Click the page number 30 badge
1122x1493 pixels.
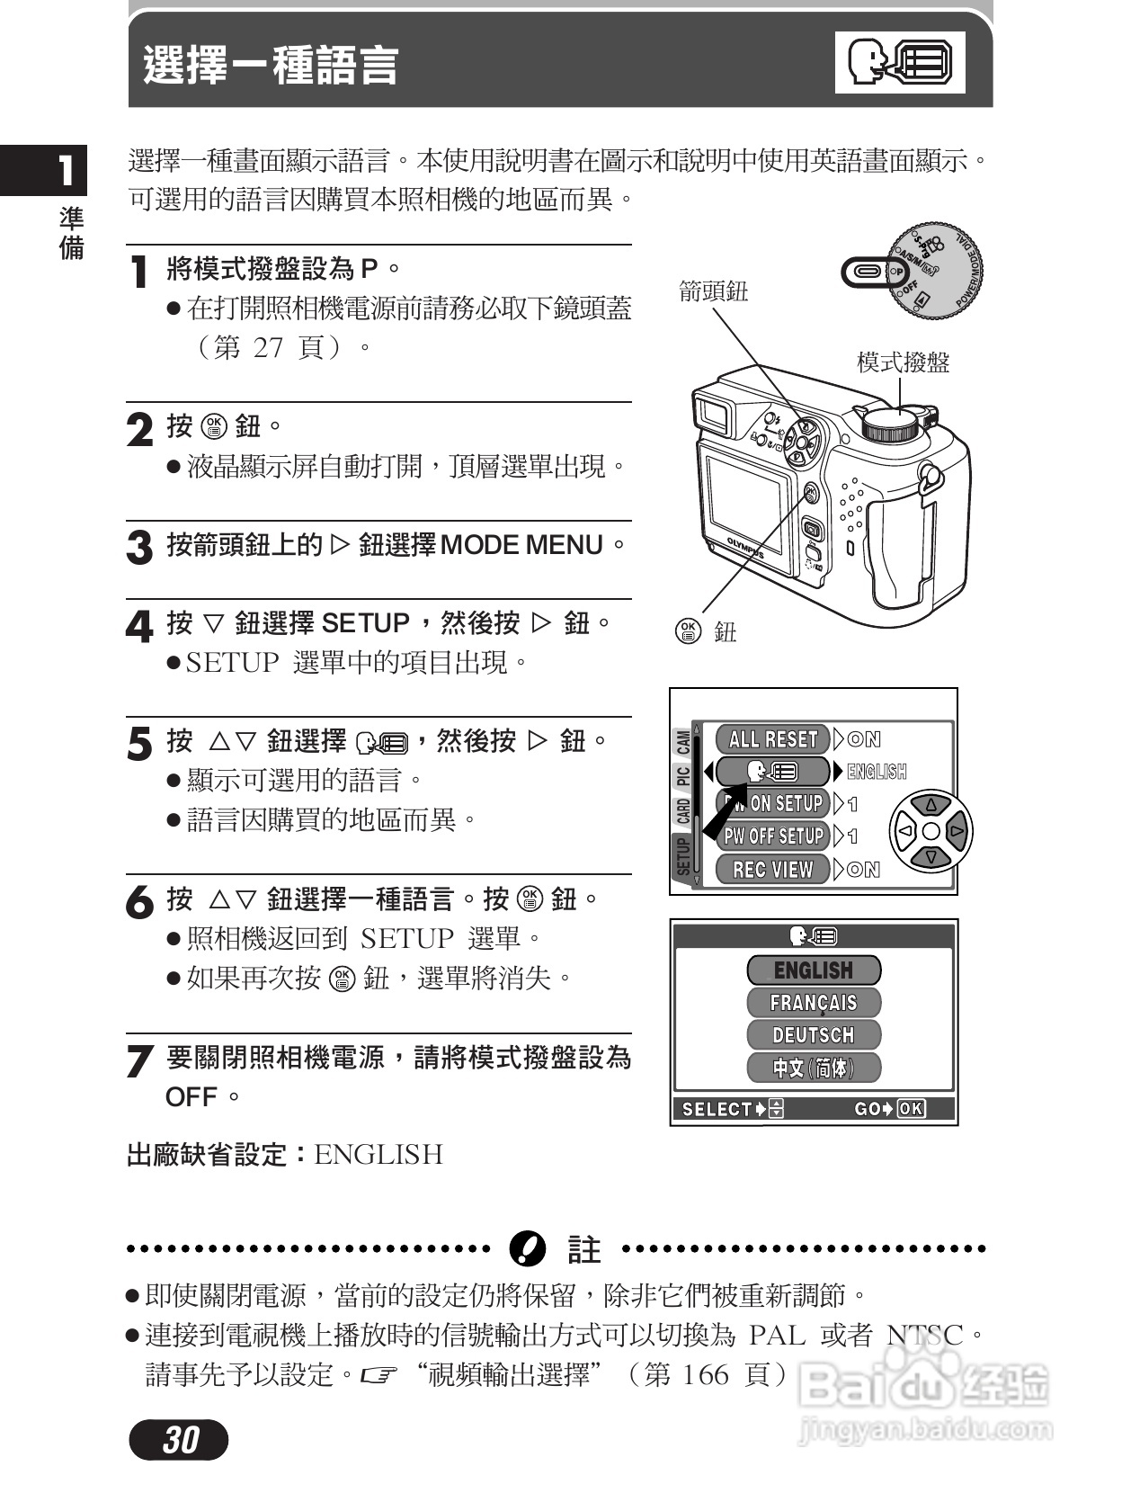click(179, 1440)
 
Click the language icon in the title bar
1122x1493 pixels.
click(899, 62)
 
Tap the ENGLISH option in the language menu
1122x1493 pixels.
click(813, 970)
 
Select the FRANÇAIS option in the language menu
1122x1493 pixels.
click(813, 1002)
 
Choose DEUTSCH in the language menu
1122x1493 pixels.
click(813, 1034)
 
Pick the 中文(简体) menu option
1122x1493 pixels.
click(813, 1068)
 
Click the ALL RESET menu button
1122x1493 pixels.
click(772, 739)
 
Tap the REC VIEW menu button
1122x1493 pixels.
click(772, 870)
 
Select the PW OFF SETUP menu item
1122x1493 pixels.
click(773, 836)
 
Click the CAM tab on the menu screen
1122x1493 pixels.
click(683, 743)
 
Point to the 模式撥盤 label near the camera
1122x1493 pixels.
click(903, 362)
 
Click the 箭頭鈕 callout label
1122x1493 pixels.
click(713, 291)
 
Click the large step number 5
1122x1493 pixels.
click(139, 745)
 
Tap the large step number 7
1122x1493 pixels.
click(139, 1061)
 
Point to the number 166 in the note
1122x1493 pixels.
click(704, 1374)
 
